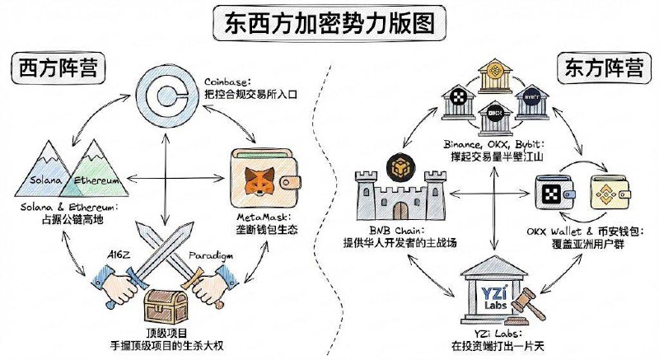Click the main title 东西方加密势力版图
329,22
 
